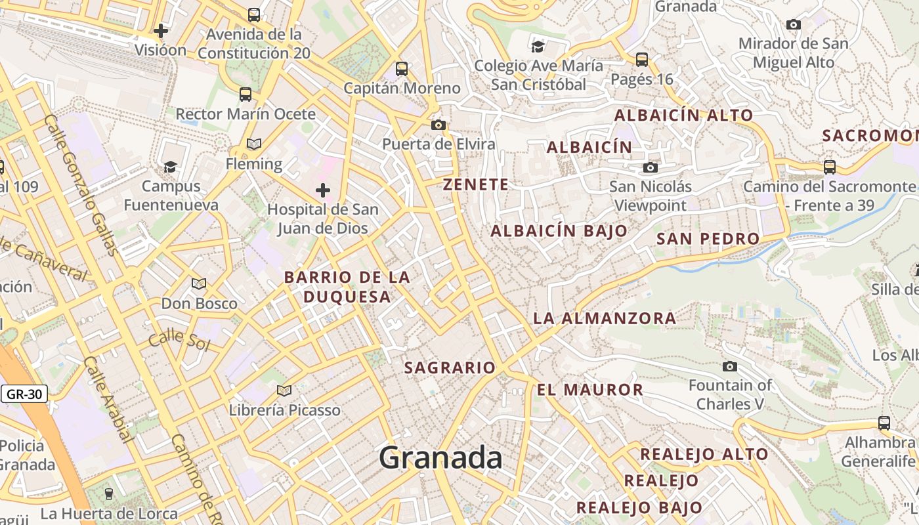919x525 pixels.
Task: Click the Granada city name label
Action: point(440,457)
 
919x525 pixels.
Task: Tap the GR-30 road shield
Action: point(24,394)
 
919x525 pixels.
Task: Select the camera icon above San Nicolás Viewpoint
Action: point(651,168)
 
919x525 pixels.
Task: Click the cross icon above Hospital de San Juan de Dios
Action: point(322,190)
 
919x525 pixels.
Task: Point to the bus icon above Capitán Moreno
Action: point(402,68)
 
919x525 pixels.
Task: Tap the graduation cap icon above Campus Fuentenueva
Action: point(170,167)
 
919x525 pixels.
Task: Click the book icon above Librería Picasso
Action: point(284,391)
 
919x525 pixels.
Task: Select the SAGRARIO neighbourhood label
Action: point(450,367)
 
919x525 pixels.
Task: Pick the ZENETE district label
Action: point(476,184)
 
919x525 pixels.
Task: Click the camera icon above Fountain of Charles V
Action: point(730,366)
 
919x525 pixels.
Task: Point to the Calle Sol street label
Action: point(178,341)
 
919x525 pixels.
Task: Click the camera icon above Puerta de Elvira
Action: point(438,125)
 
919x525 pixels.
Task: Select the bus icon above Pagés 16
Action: point(642,60)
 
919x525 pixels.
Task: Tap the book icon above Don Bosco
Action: point(199,284)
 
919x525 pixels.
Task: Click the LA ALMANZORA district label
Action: point(604,318)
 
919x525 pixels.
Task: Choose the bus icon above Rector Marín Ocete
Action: point(246,94)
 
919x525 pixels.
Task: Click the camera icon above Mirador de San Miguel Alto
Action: point(794,25)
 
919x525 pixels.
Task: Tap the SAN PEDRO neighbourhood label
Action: point(708,238)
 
